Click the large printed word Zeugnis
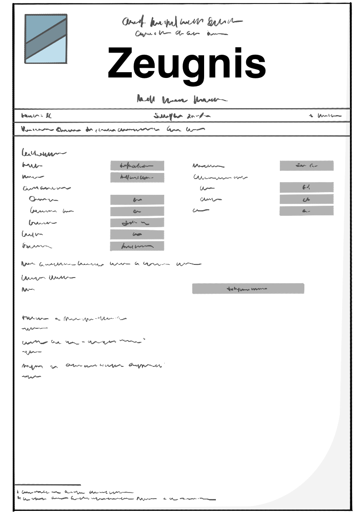click(x=187, y=64)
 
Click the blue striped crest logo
click(x=46, y=39)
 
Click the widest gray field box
click(x=248, y=288)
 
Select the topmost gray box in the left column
click(x=137, y=165)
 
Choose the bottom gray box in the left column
click(x=137, y=246)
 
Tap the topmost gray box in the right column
click(x=307, y=165)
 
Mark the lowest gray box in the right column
click(x=307, y=211)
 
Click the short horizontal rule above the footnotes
click(x=48, y=485)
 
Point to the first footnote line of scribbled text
click(x=74, y=492)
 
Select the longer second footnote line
click(x=116, y=498)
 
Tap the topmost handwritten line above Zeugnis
click(x=182, y=21)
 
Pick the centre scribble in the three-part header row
click(x=182, y=116)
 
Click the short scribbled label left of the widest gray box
click(x=28, y=289)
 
